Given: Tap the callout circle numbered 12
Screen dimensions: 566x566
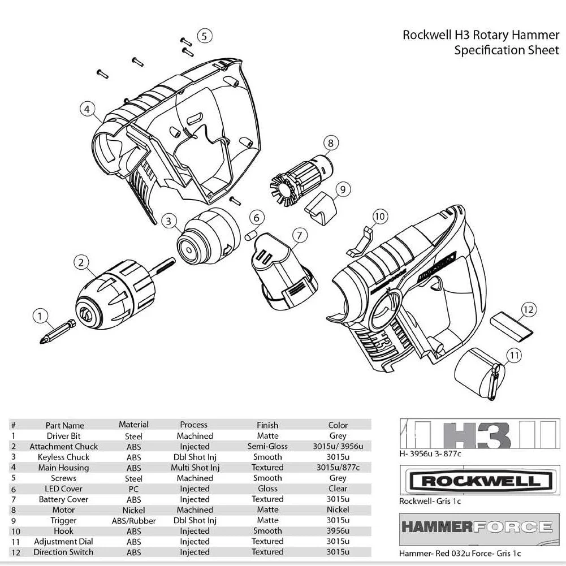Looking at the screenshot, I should click(528, 309).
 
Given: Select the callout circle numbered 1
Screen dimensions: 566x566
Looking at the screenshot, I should click(40, 316).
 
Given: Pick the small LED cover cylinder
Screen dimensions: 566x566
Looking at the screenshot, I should click(252, 234).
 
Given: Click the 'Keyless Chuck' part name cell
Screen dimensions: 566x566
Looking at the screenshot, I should click(63, 457).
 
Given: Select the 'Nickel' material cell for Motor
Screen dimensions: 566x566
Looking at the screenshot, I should click(133, 510).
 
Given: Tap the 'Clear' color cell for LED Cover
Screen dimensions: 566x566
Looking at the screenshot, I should click(338, 489).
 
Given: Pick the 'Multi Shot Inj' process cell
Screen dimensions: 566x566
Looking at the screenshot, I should click(195, 468).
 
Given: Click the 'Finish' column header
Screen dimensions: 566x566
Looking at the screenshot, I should click(267, 425).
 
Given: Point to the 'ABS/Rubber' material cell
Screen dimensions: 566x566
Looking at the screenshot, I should click(134, 521).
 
